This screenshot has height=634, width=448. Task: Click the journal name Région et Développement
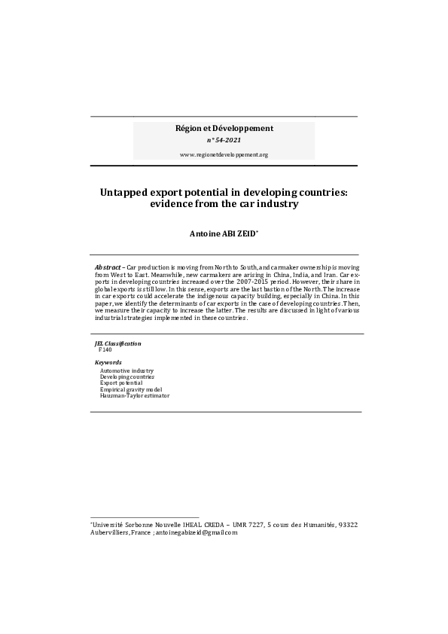tap(224, 128)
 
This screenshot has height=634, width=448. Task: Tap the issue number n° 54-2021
tap(224, 140)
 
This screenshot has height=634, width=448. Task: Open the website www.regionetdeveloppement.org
tap(224, 154)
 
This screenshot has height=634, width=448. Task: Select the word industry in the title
tap(278, 204)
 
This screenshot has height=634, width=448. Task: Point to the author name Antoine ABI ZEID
tap(223, 235)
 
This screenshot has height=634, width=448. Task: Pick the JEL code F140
tap(105, 350)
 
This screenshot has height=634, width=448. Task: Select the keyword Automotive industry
tap(126, 371)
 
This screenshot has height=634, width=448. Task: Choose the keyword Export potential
tap(121, 383)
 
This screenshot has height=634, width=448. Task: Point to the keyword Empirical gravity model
tap(131, 389)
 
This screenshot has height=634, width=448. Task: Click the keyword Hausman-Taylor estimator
tap(135, 395)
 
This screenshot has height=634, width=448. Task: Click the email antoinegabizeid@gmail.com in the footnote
tap(196, 533)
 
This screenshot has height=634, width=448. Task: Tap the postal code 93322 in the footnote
tap(348, 525)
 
